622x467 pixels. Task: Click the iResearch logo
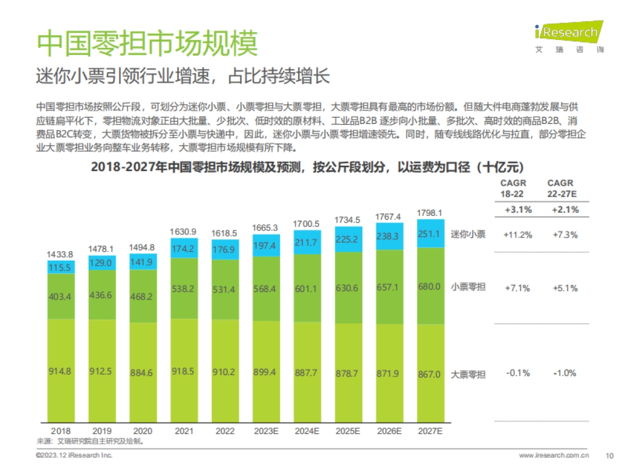569,36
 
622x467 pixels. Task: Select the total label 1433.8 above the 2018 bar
60,254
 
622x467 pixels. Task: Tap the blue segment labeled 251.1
430,233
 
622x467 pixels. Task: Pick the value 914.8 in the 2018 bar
60,372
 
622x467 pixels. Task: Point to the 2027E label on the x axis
430,431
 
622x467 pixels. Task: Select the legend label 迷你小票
468,234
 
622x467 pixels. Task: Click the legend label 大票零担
468,374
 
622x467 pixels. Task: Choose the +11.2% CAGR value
517,235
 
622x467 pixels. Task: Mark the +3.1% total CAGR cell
517,210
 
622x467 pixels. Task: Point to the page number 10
610,456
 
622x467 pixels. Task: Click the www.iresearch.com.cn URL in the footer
554,456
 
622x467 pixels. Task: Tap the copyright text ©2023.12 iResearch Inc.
74,455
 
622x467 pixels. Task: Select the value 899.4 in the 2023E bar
266,372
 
